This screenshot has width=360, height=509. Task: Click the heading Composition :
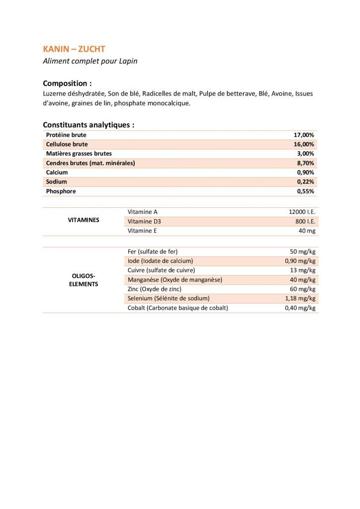(x=67, y=83)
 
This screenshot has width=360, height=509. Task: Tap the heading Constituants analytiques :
(x=89, y=125)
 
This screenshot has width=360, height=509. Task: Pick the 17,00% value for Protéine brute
(x=304, y=135)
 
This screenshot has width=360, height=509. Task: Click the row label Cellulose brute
(x=67, y=144)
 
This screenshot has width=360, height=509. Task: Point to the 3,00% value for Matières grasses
(x=305, y=154)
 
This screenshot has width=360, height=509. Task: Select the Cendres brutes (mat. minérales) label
(x=90, y=163)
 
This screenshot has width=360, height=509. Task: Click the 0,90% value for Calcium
(x=305, y=172)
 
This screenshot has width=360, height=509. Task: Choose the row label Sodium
(x=56, y=182)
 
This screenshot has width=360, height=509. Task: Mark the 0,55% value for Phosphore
(x=305, y=191)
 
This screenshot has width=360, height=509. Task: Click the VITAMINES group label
(x=83, y=220)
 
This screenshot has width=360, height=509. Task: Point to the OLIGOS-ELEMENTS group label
(x=83, y=280)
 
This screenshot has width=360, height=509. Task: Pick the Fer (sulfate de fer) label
(x=153, y=252)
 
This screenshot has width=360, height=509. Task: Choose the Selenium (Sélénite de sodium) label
(x=169, y=298)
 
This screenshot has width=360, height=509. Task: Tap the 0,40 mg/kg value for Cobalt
(x=300, y=308)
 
